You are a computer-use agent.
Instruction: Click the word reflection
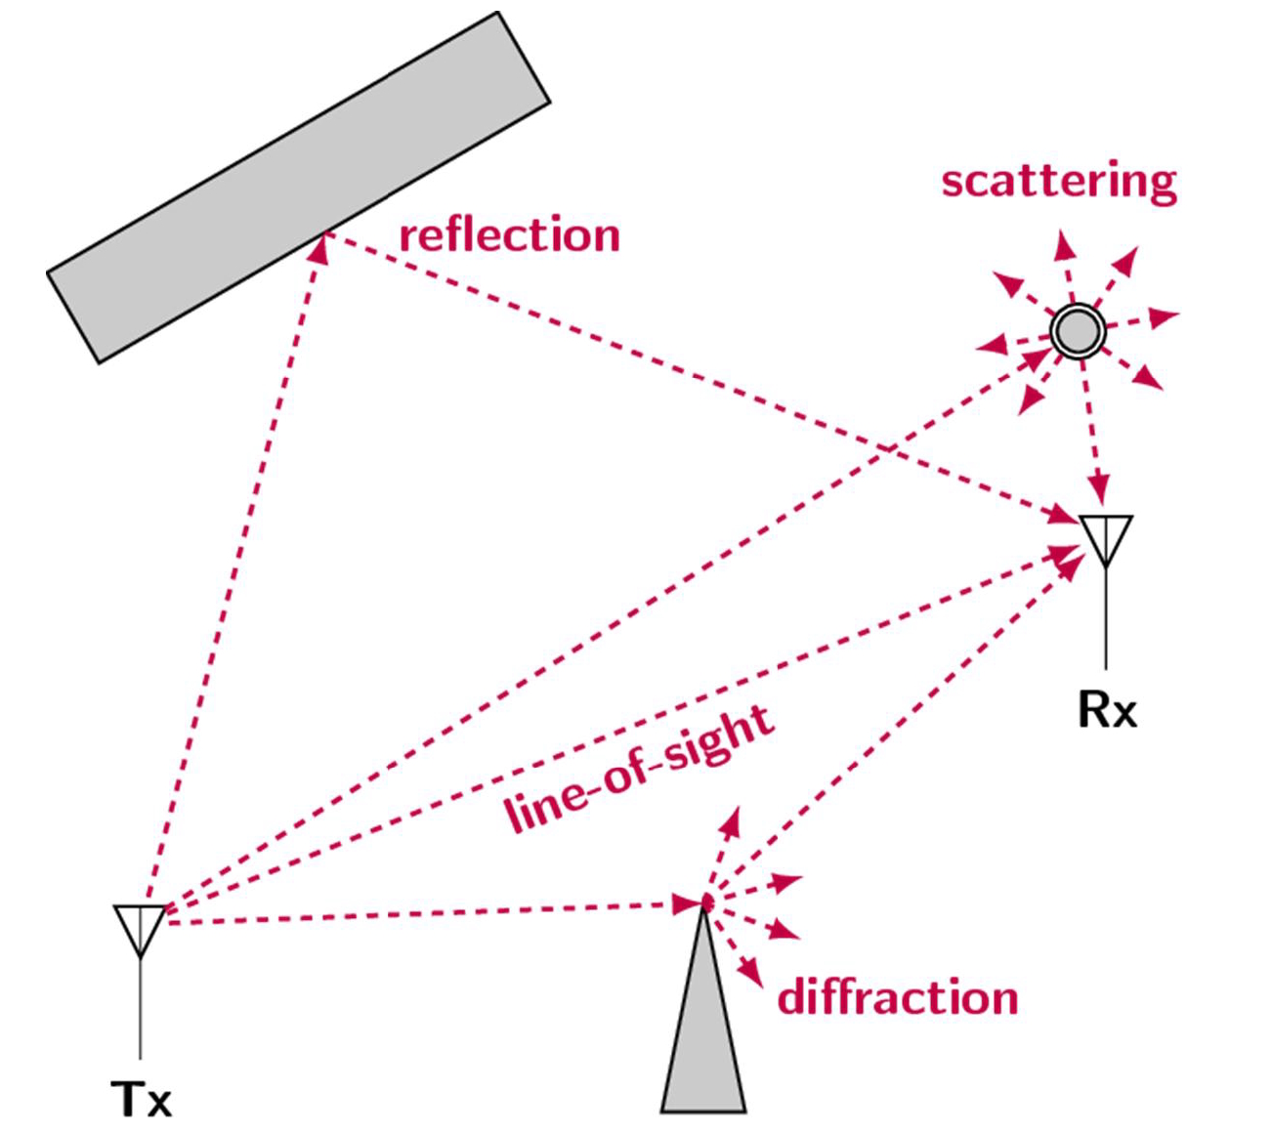pos(509,236)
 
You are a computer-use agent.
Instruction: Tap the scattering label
pos(1059,183)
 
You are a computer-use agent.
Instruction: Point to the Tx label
pos(142,1101)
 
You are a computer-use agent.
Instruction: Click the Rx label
pos(1107,710)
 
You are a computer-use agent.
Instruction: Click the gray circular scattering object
pos(1078,331)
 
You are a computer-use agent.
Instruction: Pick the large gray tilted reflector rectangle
pos(298,186)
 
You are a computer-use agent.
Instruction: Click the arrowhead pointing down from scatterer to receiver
pos(1100,487)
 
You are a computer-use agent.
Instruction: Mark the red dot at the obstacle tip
pos(704,902)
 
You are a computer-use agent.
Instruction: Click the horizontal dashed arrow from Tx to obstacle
pos(420,914)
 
